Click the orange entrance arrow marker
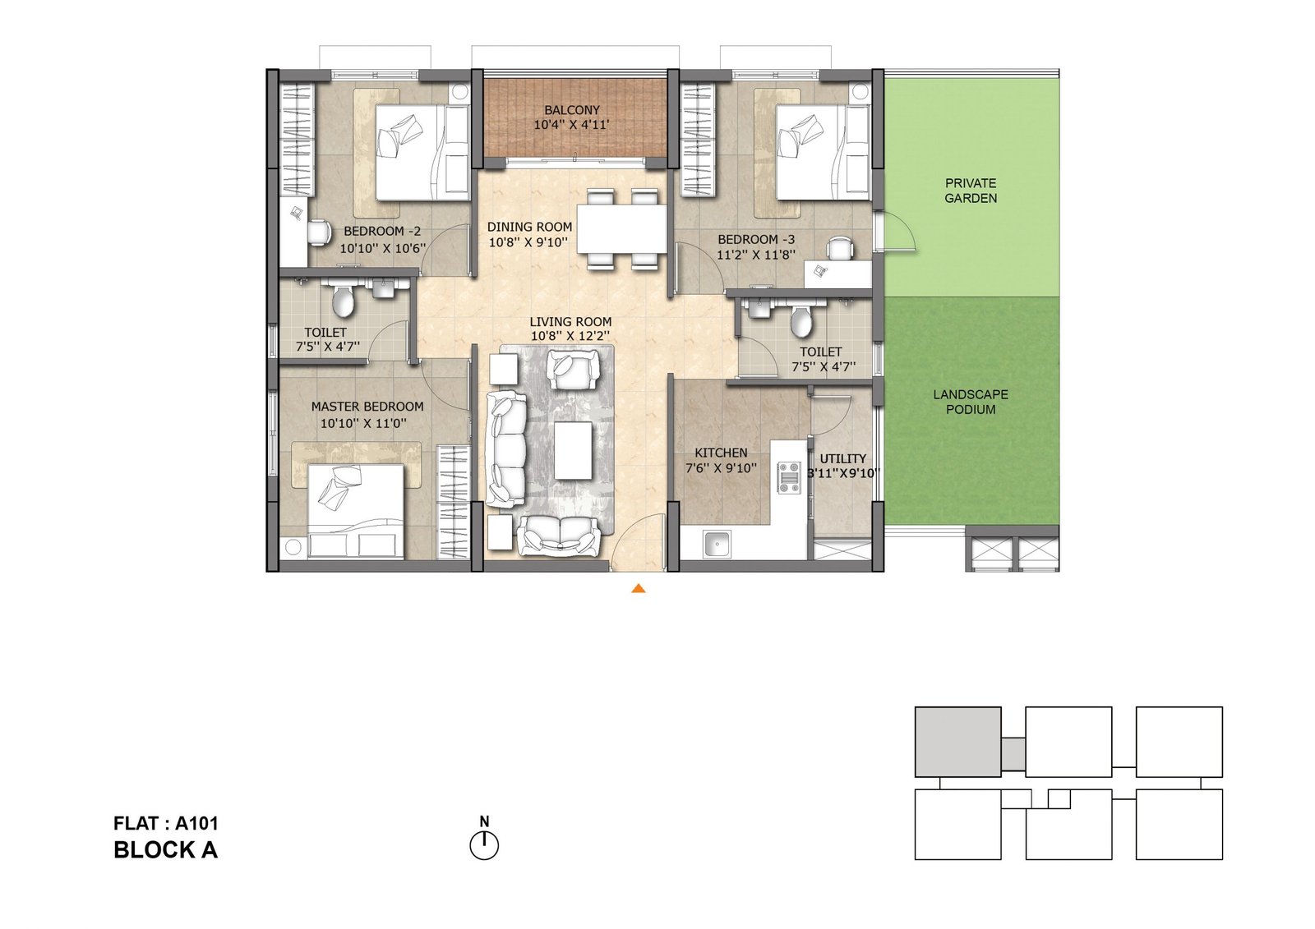click(638, 588)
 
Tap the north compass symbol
click(484, 839)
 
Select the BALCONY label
click(572, 110)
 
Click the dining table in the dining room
click(621, 228)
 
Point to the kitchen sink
click(716, 545)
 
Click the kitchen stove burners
click(789, 476)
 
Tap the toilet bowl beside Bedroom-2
click(342, 300)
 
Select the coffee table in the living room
click(574, 450)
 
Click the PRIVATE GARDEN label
click(971, 191)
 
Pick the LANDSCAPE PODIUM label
click(971, 402)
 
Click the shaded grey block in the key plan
click(958, 742)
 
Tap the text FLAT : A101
click(165, 823)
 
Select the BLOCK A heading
click(165, 850)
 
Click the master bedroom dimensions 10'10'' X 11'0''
click(363, 423)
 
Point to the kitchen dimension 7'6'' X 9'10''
click(721, 468)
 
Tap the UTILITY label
click(842, 458)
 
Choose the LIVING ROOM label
click(570, 322)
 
